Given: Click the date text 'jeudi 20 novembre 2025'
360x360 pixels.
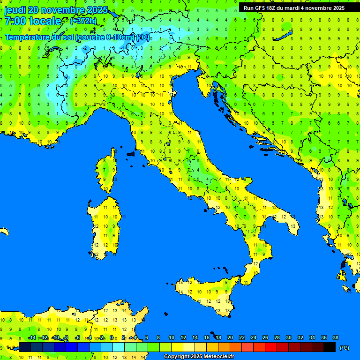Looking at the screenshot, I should (56, 10).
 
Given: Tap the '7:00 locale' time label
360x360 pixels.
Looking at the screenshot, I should (33, 21).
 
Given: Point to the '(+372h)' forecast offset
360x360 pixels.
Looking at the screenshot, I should (83, 21).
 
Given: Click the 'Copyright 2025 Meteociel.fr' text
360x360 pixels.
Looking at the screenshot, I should (199, 357).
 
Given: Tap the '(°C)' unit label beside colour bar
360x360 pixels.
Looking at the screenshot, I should (344, 348).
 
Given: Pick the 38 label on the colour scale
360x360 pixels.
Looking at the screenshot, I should (335, 337).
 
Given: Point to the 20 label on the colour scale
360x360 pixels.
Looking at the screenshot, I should (230, 337).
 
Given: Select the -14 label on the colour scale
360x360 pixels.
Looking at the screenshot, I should (32, 337).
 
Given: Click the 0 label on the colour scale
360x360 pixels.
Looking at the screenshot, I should (112, 337).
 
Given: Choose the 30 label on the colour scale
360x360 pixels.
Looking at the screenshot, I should (289, 337).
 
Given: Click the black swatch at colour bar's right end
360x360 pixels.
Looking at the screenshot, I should (330, 347).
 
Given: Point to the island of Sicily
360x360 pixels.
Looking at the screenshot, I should (206, 295).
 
